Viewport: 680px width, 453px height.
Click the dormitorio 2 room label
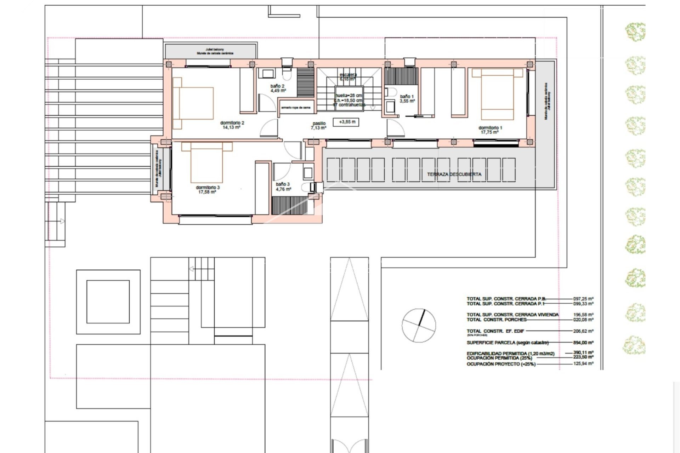coord(232,125)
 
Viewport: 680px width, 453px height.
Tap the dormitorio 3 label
coord(208,190)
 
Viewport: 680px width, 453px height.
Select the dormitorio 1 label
coord(490,130)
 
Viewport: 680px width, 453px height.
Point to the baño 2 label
coord(278,88)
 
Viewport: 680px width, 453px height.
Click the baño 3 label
coord(283,187)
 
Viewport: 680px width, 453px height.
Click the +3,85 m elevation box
coord(347,122)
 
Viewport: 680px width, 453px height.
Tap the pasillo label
coord(318,126)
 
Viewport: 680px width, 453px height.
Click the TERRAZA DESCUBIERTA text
coord(454,174)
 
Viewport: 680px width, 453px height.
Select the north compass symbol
coord(419,325)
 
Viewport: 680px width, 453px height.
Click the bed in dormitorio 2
coord(194,103)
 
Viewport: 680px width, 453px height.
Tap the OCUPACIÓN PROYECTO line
coord(501,364)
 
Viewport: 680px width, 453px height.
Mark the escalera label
coord(348,77)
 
